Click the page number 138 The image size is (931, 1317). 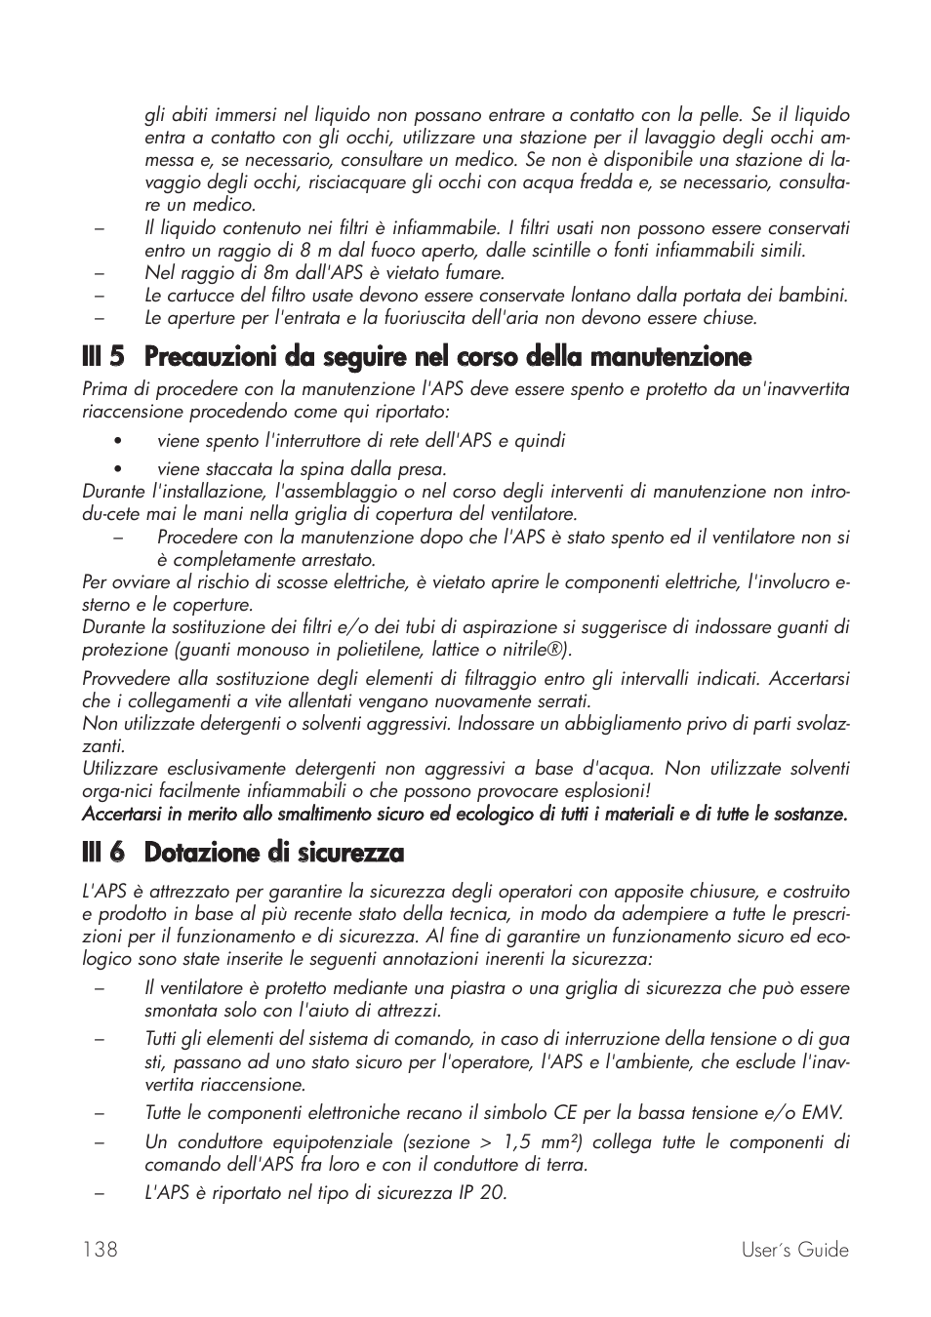pos(100,1250)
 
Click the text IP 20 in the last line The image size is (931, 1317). pos(482,1193)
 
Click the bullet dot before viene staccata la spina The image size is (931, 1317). pos(116,469)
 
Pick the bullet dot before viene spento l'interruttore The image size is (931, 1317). pos(116,441)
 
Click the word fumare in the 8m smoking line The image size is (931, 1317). pos(473,273)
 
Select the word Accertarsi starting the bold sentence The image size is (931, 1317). pos(123,814)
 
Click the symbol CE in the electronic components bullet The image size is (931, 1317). pos(566,1113)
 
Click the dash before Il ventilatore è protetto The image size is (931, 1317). pos(100,988)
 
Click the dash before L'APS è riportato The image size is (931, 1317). pos(100,1193)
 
